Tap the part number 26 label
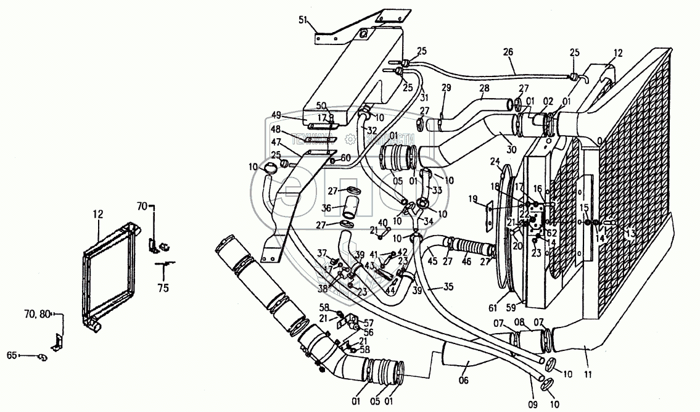[x=508, y=52]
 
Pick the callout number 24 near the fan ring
[x=495, y=162]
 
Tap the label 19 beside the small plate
[x=473, y=199]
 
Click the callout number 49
[x=276, y=115]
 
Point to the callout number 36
[x=326, y=208]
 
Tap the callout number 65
[x=12, y=355]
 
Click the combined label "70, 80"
[x=36, y=315]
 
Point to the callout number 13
[x=630, y=233]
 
